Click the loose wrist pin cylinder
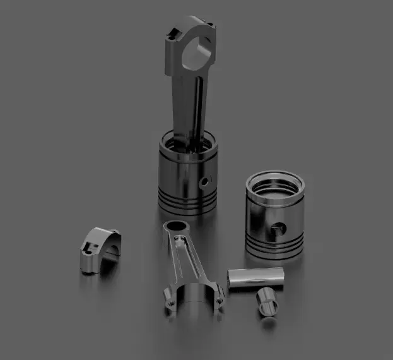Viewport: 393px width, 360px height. pos(256,278)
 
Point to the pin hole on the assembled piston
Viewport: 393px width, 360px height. pos(204,182)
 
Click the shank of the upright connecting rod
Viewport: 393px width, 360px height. pos(193,107)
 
